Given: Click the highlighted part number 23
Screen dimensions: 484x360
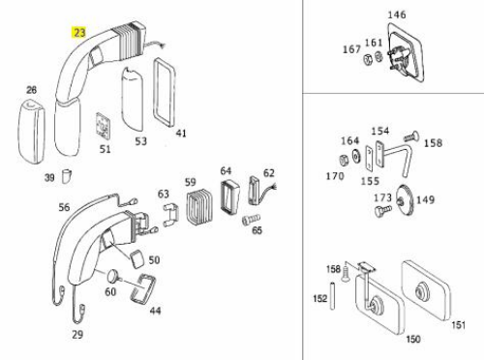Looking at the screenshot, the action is coord(79,32).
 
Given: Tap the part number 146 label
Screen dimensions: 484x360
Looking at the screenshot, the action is coord(397,15).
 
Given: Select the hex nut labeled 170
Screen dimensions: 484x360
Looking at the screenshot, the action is coord(344,160).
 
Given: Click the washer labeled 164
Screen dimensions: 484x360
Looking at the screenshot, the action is coord(356,157).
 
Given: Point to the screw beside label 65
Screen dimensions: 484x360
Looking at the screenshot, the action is coord(251,220).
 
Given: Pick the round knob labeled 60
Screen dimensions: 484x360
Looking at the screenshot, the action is coord(113,276).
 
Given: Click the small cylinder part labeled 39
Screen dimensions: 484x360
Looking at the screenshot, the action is coord(67,176).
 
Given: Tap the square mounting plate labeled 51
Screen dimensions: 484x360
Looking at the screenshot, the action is coord(104,126).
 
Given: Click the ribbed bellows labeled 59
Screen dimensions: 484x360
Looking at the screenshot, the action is coord(198,207).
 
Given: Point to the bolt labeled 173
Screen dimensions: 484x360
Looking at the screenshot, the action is coord(382,210).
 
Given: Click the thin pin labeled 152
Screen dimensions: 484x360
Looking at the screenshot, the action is coord(332,296).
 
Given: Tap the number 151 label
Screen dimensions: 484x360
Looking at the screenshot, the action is coord(458,324).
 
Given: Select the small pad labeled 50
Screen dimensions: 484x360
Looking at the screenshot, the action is coord(136,259).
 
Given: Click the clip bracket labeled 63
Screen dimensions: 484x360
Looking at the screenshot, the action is coord(171,215).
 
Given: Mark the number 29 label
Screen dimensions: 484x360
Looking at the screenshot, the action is coord(77,335).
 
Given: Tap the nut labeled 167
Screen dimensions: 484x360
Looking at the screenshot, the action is coord(368,59).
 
